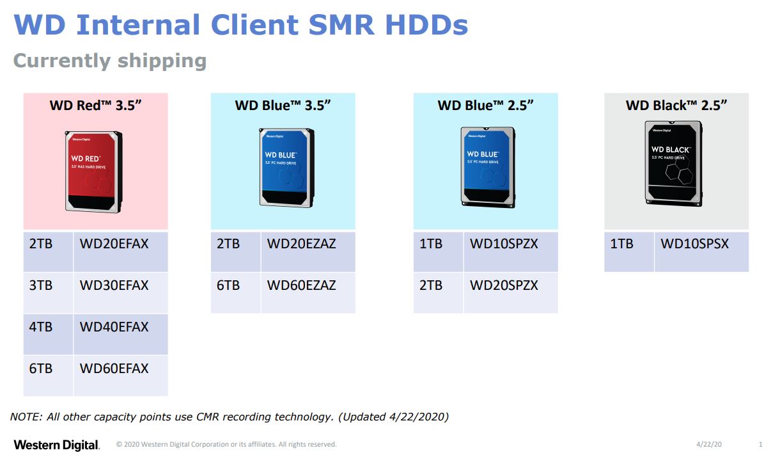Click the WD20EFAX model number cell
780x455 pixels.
tap(114, 244)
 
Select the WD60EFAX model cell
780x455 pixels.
tap(114, 369)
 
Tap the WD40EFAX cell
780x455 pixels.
tap(114, 327)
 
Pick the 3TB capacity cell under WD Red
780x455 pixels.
tap(41, 285)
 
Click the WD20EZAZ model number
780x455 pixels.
tap(301, 244)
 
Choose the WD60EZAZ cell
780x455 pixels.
tap(301, 285)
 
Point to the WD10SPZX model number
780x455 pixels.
tap(504, 244)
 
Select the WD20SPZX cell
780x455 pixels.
tap(504, 285)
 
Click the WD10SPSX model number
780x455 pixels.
tap(694, 244)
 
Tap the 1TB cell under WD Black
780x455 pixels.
tap(621, 244)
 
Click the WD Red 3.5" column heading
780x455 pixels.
tap(95, 106)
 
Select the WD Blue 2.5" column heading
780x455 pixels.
tap(485, 106)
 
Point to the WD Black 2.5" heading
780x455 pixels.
tap(676, 106)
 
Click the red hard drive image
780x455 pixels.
tap(93, 171)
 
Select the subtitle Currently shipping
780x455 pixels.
tap(110, 61)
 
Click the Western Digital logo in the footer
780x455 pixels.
tap(56, 445)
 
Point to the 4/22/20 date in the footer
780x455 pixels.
tap(709, 445)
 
